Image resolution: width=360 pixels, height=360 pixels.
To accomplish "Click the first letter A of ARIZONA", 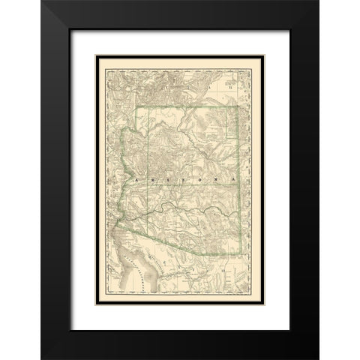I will pyautogui.click(x=136, y=181).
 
